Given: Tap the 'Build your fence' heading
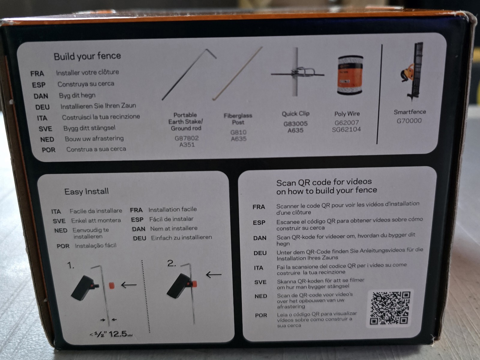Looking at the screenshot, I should (87, 56).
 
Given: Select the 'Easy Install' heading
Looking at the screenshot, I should (86, 191).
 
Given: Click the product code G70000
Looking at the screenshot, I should (409, 121).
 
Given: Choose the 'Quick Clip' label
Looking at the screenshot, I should (295, 114).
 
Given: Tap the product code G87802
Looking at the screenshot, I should (187, 138).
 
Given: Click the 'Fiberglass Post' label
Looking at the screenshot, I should (238, 119).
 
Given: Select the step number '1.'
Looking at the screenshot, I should (70, 265).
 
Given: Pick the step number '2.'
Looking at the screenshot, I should (171, 263).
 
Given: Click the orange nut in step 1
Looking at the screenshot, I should (112, 285).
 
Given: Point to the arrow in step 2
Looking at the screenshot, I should (214, 274).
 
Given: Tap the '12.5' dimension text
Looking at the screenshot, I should (118, 334).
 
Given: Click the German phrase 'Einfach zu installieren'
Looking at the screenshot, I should (181, 238).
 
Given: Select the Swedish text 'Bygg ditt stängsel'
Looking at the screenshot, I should (89, 128).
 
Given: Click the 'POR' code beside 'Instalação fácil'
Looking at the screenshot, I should (63, 246).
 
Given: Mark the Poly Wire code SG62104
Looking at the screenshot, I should (346, 130).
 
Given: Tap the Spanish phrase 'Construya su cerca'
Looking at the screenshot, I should (86, 84).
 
